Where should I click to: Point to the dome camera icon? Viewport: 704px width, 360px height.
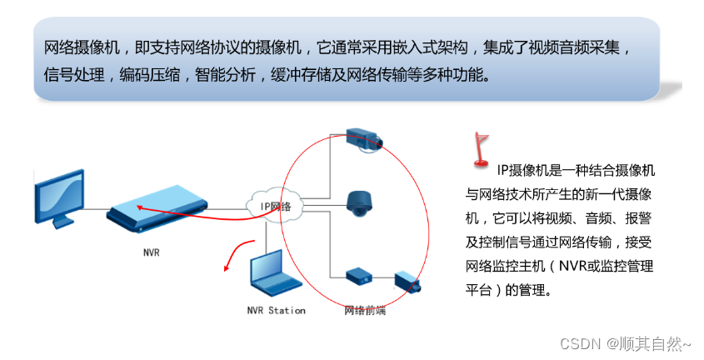[361, 202]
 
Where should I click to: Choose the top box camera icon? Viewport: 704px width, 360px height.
[365, 138]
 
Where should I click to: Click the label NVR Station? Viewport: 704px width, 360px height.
[276, 311]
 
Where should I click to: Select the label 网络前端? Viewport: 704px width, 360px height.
[365, 311]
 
